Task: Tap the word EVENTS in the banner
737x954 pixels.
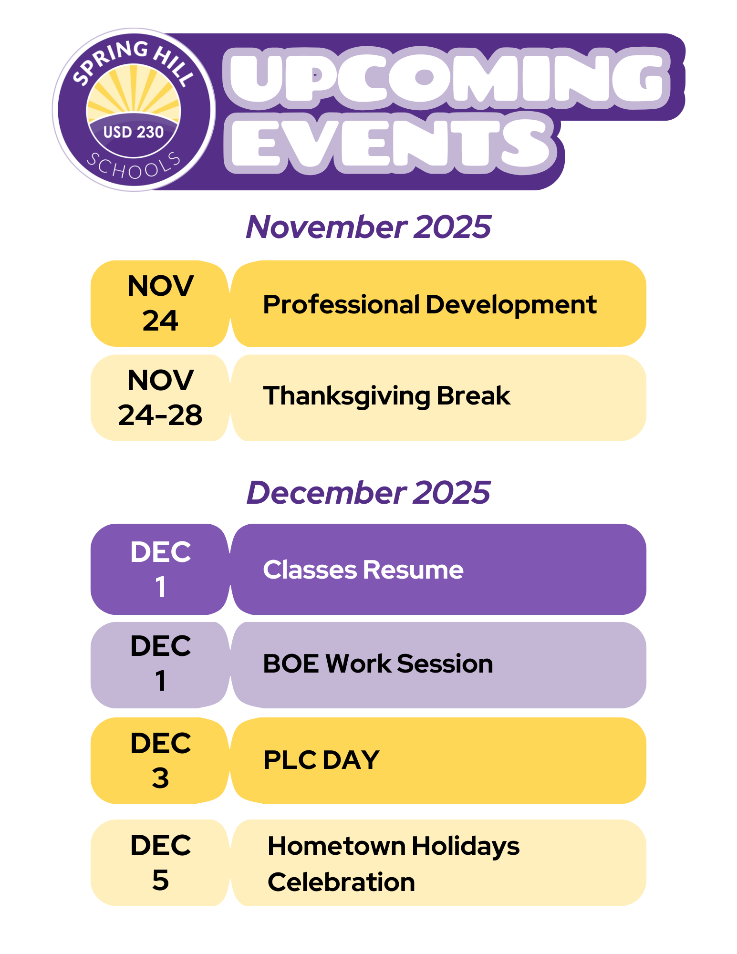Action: click(x=391, y=143)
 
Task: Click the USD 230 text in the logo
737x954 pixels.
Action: click(x=134, y=132)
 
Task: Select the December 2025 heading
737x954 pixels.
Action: click(x=368, y=492)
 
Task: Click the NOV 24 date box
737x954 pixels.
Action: click(x=160, y=303)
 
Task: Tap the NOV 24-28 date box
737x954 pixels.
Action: click(x=160, y=398)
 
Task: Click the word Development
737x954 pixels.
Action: click(x=511, y=305)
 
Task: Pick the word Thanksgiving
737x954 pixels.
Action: click(x=347, y=396)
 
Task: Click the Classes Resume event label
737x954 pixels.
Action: click(x=363, y=570)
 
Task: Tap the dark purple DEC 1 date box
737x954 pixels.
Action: click(x=160, y=569)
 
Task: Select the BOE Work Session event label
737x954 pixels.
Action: click(x=378, y=664)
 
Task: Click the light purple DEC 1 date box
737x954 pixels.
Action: click(x=160, y=665)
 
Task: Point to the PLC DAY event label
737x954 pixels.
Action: click(x=321, y=760)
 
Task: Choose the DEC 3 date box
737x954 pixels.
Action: click(x=160, y=761)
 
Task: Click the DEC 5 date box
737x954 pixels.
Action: click(x=160, y=863)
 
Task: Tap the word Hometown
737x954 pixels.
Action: click(x=336, y=846)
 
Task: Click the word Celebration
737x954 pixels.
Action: click(x=341, y=882)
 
